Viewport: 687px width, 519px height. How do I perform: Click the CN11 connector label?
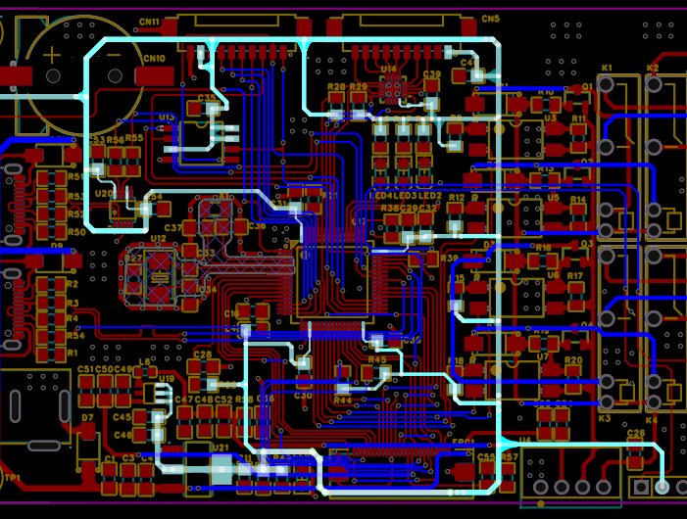[x=149, y=22]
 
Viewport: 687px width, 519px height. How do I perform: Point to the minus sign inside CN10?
[x=115, y=55]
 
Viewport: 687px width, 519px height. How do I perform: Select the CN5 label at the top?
[x=490, y=19]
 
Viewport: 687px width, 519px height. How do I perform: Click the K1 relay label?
[x=607, y=68]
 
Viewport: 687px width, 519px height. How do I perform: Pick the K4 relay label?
[x=653, y=420]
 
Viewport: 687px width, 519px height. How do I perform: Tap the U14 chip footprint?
[x=392, y=89]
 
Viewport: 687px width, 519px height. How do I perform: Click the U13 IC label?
[x=166, y=118]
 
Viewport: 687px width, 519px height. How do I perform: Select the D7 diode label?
[x=87, y=418]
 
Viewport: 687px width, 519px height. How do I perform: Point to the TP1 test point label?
[x=12, y=478]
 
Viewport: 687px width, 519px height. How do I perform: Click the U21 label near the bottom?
[x=221, y=448]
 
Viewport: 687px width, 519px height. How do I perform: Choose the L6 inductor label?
[x=145, y=362]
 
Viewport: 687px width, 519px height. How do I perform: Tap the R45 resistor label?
[x=377, y=359]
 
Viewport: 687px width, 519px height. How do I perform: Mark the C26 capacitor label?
[x=635, y=433]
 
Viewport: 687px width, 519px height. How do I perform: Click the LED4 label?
[x=382, y=196]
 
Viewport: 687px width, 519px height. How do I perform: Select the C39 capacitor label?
[x=432, y=74]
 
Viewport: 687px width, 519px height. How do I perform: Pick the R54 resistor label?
[x=75, y=336]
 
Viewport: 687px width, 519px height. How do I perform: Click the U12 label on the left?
[x=159, y=238]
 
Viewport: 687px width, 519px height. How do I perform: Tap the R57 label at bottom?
[x=509, y=457]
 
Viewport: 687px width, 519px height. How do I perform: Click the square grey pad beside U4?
[x=641, y=486]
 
